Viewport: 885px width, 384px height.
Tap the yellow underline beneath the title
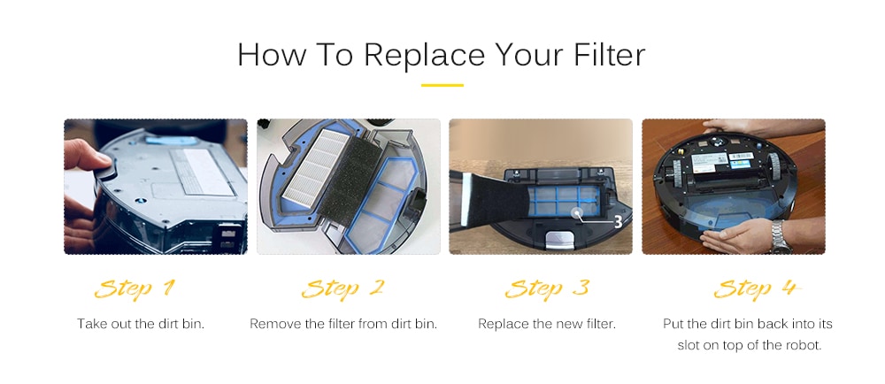[x=442, y=86]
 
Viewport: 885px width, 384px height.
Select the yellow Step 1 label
[x=135, y=289]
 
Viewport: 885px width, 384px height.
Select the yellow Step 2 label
[x=342, y=289]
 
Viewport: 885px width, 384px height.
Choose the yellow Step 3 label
[x=546, y=289]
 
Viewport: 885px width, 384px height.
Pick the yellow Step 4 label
[x=758, y=289]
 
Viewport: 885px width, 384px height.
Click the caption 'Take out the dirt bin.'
[x=141, y=324]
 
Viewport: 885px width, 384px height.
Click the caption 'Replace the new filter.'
[x=547, y=324]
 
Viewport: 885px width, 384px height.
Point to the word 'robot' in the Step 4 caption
[x=803, y=345]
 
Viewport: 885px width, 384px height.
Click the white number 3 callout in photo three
[x=618, y=222]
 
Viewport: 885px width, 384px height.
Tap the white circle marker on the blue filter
[x=578, y=212]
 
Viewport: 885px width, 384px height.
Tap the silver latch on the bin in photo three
[x=558, y=240]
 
